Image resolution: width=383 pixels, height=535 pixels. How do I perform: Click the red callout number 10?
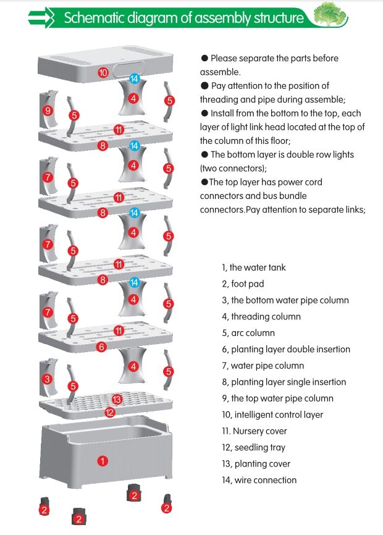pos(103,73)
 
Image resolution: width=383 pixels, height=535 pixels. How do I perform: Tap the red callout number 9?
pos(48,111)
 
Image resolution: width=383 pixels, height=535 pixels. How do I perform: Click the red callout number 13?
pos(117,399)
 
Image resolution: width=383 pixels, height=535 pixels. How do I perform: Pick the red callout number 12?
pos(109,412)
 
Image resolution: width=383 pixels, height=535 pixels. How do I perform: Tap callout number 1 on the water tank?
pos(103,460)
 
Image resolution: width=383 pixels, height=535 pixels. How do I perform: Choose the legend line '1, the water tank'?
pos(253,267)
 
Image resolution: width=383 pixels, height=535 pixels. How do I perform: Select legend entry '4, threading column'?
pos(261,316)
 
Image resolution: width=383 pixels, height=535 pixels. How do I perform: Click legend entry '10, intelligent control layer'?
pos(272,415)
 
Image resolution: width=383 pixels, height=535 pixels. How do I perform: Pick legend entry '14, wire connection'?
pos(259,480)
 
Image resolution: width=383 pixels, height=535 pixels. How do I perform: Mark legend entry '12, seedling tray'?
pos(253,447)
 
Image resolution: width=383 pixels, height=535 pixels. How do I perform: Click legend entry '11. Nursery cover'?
pos(254,431)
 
